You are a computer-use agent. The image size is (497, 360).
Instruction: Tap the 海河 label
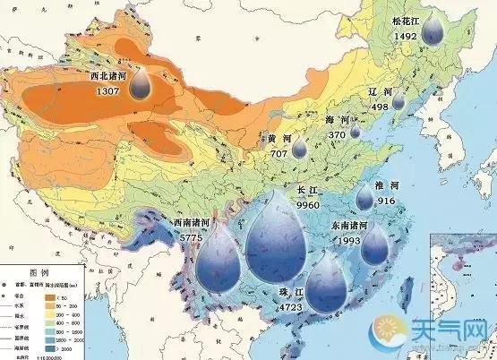click(x=337, y=121)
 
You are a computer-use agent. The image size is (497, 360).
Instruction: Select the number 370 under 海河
click(x=337, y=134)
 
